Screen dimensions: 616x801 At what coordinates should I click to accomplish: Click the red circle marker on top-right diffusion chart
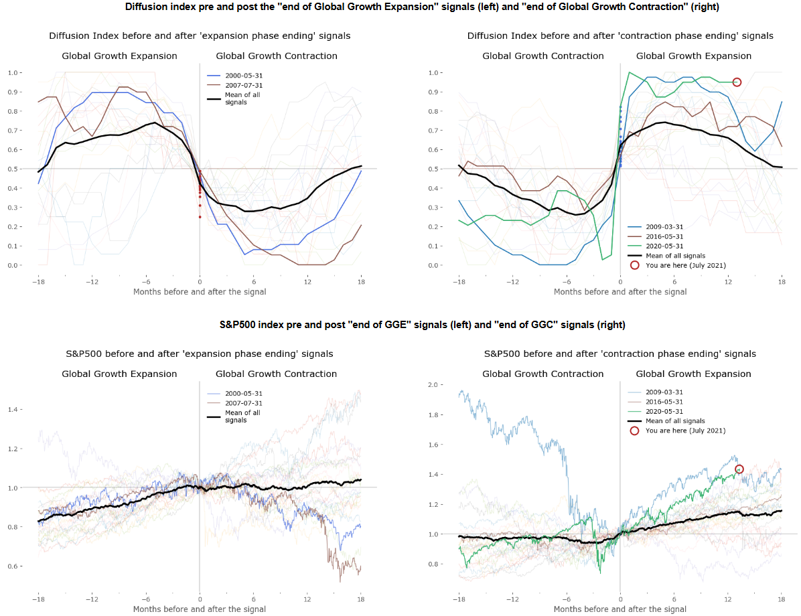[x=737, y=82]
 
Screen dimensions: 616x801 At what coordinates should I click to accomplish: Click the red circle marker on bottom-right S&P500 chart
[x=739, y=469]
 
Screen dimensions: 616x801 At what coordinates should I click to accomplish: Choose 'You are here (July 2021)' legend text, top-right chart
[x=684, y=265]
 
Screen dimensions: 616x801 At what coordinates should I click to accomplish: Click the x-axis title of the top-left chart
[x=200, y=291]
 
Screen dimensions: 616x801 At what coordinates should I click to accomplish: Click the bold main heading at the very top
[x=401, y=7]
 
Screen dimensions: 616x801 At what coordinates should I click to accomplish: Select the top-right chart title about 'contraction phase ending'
[x=620, y=35]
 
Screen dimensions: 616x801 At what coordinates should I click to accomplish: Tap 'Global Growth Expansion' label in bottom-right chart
[x=693, y=374]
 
